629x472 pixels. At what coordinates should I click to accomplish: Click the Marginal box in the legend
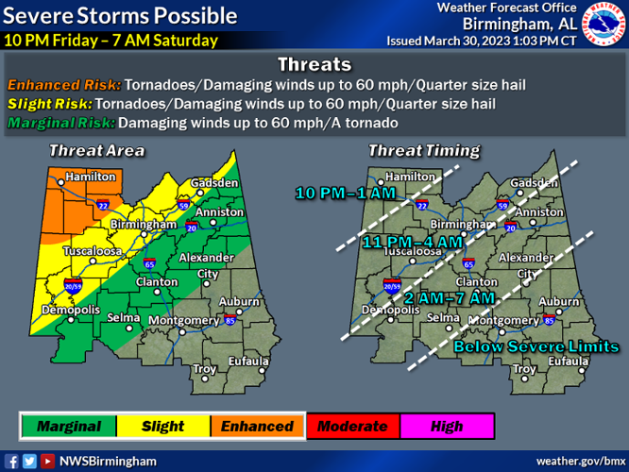(68, 427)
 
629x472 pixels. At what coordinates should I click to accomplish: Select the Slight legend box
(162, 427)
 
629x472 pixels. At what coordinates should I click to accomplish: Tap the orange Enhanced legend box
(257, 427)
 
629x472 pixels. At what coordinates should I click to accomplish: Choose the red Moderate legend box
(352, 427)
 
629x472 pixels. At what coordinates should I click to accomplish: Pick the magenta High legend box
(447, 427)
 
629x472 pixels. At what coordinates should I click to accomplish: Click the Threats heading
(314, 64)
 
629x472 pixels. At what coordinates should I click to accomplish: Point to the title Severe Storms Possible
(120, 16)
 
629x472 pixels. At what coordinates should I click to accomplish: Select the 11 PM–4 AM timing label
(413, 242)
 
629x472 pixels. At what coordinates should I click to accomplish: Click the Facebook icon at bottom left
(11, 461)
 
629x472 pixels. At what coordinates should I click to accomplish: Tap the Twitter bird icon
(29, 461)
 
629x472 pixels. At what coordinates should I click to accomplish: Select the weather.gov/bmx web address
(579, 461)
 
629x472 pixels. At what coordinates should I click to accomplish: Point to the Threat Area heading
(96, 150)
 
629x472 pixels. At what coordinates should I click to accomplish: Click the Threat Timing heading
(423, 150)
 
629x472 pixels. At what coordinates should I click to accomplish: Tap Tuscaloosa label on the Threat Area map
(92, 252)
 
